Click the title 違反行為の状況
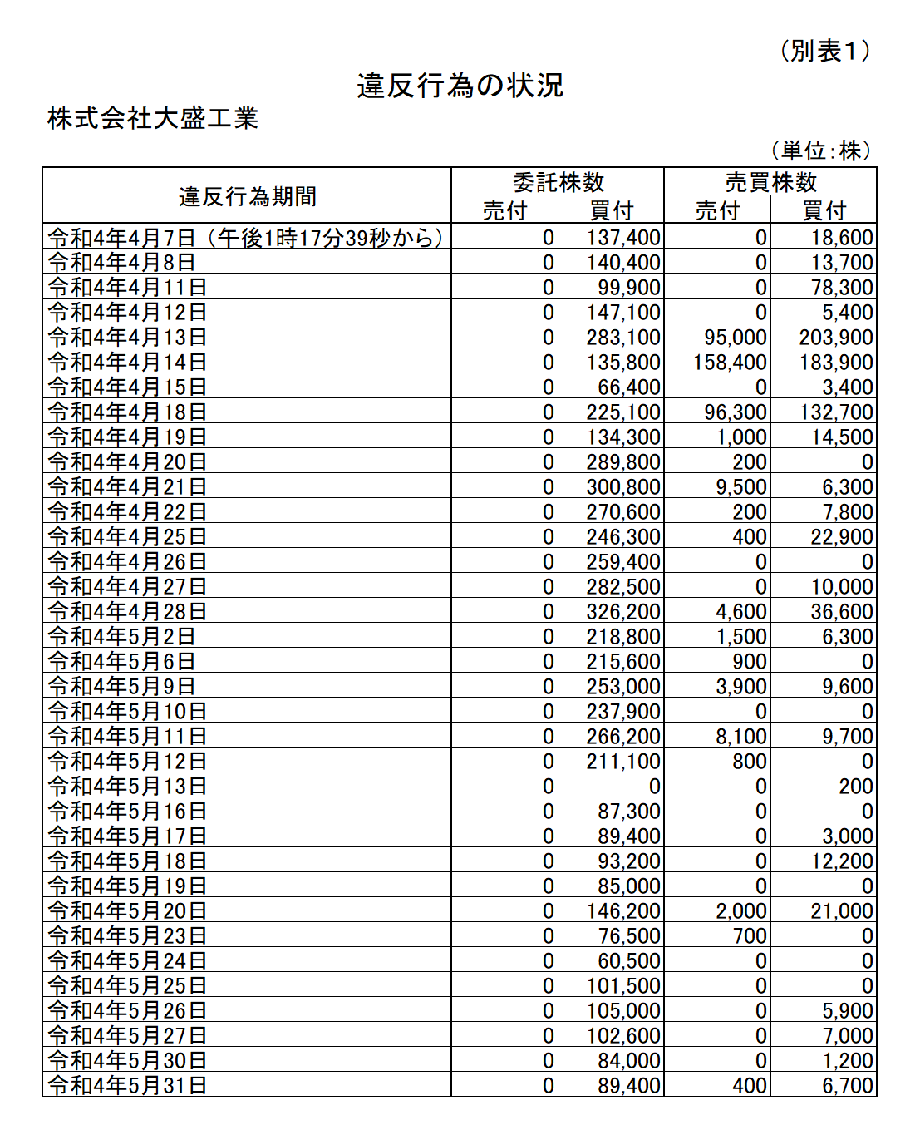[460, 86]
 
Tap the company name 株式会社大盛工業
[153, 118]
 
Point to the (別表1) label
[825, 52]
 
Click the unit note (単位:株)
[821, 151]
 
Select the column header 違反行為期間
[247, 196]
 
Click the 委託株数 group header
[558, 182]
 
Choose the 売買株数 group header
[770, 182]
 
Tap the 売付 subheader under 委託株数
[504, 210]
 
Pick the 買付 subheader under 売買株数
[824, 210]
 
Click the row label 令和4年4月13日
[127, 338]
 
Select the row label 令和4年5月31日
[127, 1085]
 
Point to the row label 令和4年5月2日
[121, 637]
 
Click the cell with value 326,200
[623, 612]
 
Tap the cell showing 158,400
[730, 363]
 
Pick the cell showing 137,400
[623, 238]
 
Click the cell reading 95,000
[735, 338]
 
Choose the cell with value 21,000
[841, 911]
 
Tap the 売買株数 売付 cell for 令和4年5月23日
[749, 936]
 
